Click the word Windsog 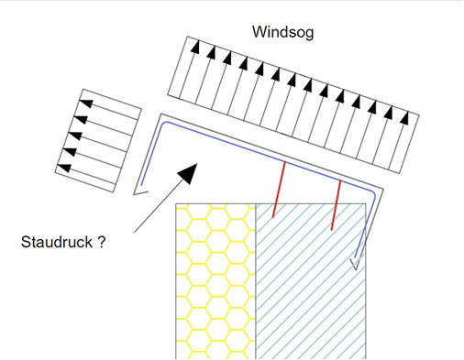(283, 32)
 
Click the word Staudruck (57, 242)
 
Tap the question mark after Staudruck (102, 242)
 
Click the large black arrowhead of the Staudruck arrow (188, 173)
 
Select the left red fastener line (279, 190)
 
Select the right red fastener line (337, 205)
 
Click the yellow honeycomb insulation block (215, 281)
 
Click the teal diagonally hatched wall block (311, 281)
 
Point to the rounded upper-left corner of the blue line (165, 123)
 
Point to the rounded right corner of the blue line (373, 193)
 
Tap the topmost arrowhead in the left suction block (86, 104)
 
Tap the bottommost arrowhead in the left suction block (64, 169)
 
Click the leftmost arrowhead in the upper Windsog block (195, 47)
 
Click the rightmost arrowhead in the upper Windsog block (404, 117)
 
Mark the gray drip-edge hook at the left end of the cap (140, 193)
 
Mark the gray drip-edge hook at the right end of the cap (356, 264)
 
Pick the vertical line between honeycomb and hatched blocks (256, 281)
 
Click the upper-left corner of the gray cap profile (161, 115)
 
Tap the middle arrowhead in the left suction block (75, 136)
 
